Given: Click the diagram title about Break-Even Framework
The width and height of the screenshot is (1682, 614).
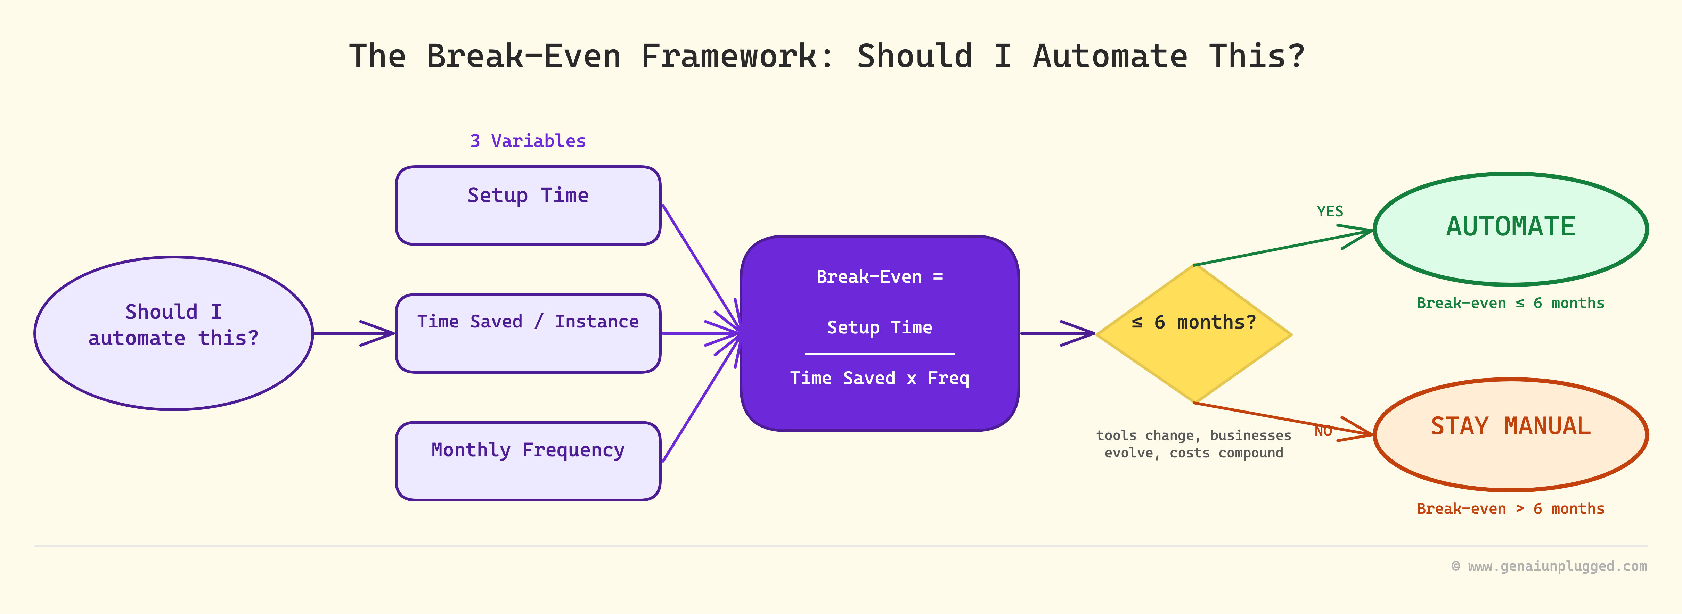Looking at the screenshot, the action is tap(827, 56).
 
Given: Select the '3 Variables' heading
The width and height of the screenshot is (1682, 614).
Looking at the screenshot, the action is tap(528, 141).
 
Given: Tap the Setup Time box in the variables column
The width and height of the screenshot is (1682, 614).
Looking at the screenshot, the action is tap(528, 206).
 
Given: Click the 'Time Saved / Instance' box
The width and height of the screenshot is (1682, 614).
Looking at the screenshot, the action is tap(528, 333).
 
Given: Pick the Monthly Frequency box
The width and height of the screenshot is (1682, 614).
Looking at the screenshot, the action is tap(528, 461).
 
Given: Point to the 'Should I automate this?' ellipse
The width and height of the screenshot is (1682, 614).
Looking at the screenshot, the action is tap(174, 333).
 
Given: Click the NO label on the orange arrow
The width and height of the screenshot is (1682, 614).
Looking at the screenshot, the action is tap(1323, 431).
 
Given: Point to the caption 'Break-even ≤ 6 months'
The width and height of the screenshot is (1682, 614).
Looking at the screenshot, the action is tap(1510, 304).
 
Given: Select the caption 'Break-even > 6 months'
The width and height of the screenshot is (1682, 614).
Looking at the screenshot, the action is tap(1510, 509).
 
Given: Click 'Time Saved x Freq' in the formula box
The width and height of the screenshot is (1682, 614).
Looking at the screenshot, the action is tap(880, 379).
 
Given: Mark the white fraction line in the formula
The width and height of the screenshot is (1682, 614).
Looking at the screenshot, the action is tap(880, 354).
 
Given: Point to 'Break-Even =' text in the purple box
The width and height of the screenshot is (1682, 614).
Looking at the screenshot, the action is tap(880, 277).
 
